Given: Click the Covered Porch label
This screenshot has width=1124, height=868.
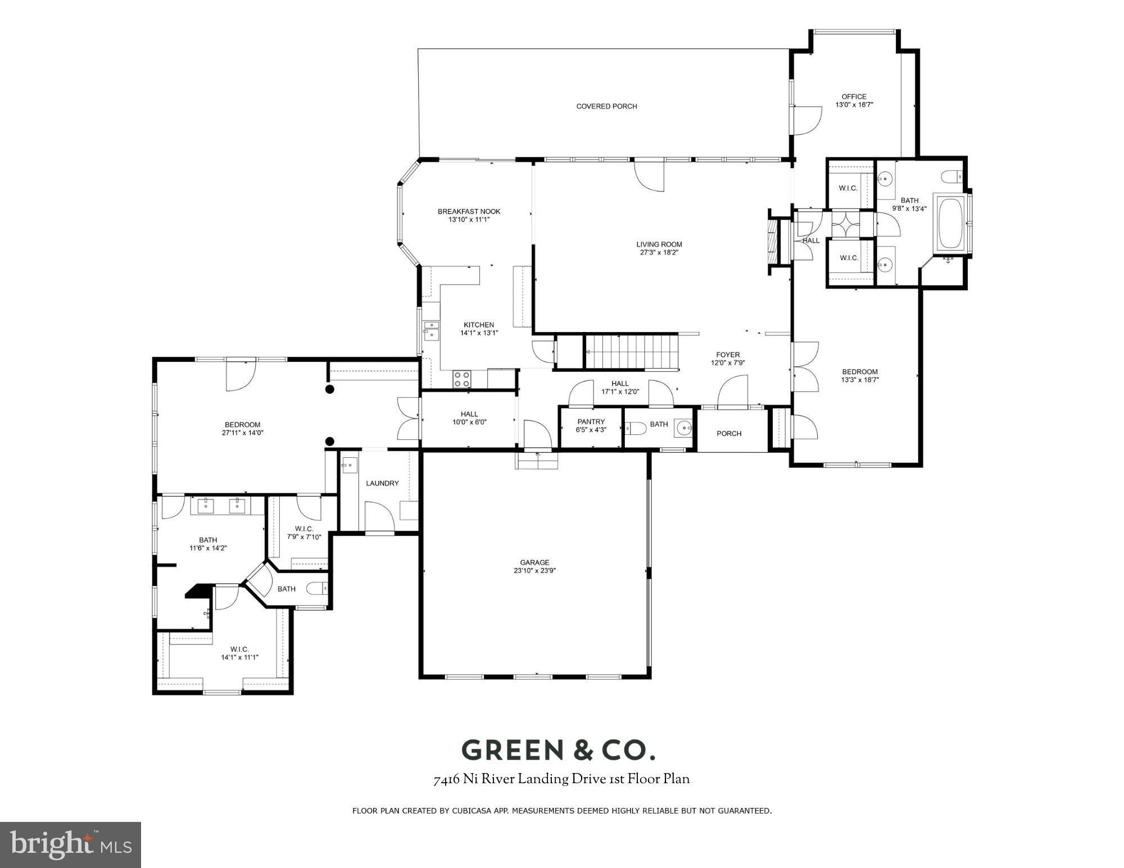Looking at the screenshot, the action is click(x=606, y=106).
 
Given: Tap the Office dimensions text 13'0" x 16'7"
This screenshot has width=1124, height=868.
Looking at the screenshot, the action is click(x=854, y=104).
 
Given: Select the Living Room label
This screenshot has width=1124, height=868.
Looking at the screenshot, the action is click(x=659, y=244).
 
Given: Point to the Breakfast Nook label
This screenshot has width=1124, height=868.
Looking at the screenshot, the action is click(x=469, y=211).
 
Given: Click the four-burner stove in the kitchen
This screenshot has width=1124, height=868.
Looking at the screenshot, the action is click(x=462, y=379).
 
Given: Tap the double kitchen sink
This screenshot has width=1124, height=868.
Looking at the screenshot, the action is click(x=432, y=330).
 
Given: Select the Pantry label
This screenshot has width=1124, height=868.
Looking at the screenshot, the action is click(x=591, y=422).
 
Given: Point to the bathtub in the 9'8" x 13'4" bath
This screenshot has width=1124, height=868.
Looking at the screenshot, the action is click(x=950, y=221).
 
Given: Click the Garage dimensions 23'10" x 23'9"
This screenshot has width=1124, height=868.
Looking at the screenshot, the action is click(x=534, y=570).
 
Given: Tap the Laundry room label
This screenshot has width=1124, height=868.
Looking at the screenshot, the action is click(x=382, y=483).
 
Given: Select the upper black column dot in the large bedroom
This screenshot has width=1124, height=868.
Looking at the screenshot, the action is click(x=330, y=389).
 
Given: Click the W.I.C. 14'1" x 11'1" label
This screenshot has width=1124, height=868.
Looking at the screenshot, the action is click(x=239, y=653).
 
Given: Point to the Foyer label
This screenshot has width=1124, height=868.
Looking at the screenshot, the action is click(x=728, y=355).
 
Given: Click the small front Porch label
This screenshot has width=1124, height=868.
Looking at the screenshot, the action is click(x=729, y=433).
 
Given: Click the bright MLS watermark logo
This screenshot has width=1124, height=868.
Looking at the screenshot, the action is click(x=70, y=845).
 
